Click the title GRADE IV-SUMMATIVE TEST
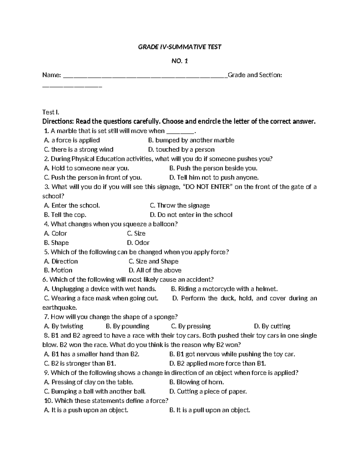(179, 47)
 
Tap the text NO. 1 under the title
(179, 61)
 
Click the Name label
(52, 75)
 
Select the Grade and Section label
(255, 75)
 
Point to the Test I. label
(51, 112)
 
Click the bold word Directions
(58, 122)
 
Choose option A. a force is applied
(72, 140)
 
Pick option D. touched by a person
(181, 149)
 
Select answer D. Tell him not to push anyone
(214, 177)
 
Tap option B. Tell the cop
(65, 215)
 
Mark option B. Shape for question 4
(56, 243)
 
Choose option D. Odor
(138, 243)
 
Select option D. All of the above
(155, 270)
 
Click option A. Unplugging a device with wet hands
(100, 289)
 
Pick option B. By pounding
(127, 326)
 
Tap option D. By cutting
(272, 326)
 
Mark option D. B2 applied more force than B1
(217, 363)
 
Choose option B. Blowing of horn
(196, 382)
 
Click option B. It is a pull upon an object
(209, 410)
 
